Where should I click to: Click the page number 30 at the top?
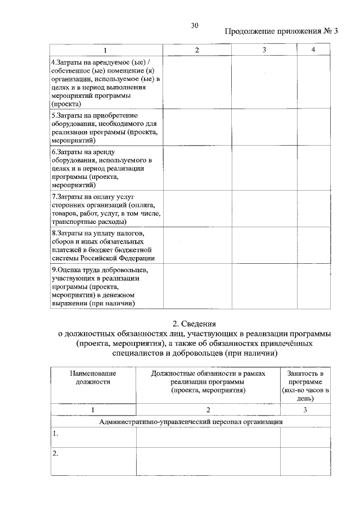click(195, 25)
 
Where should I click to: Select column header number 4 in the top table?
click(313, 51)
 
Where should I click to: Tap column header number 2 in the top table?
click(197, 51)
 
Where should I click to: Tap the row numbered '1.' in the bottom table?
click(55, 434)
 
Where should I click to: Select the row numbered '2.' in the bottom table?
click(55, 453)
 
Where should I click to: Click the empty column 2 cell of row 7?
click(197, 209)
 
